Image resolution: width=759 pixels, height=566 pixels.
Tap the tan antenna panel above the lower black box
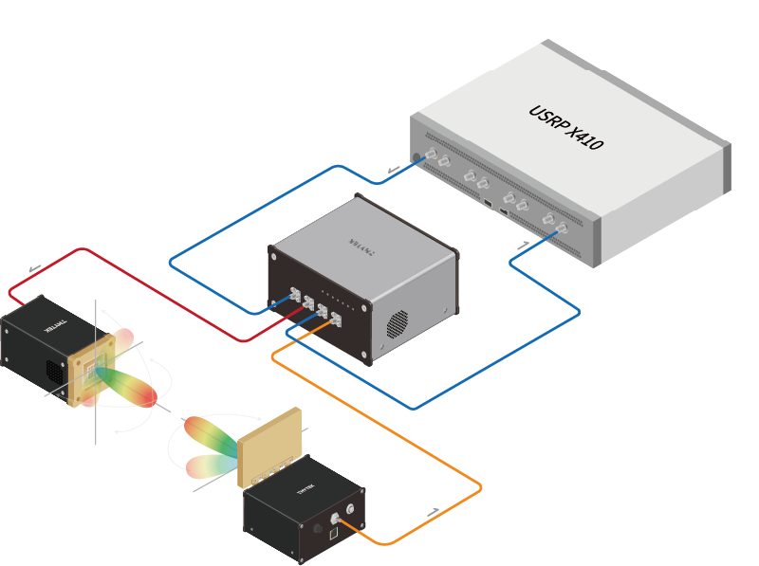[x=269, y=441]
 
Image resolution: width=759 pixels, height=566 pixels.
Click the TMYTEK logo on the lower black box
[x=305, y=490]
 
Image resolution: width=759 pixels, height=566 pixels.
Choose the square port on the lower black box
[x=332, y=537]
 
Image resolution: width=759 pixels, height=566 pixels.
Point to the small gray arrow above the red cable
[x=34, y=268]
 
